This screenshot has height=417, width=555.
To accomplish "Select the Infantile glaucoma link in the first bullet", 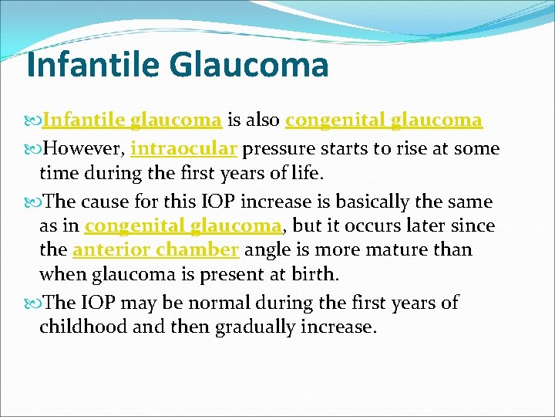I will point(133,121).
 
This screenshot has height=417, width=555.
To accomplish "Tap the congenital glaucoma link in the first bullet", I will point(384,121).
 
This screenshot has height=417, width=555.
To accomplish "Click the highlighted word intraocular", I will point(184,148).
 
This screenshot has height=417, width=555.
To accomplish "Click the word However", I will point(84,148).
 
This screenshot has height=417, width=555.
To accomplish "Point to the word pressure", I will point(276,148).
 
